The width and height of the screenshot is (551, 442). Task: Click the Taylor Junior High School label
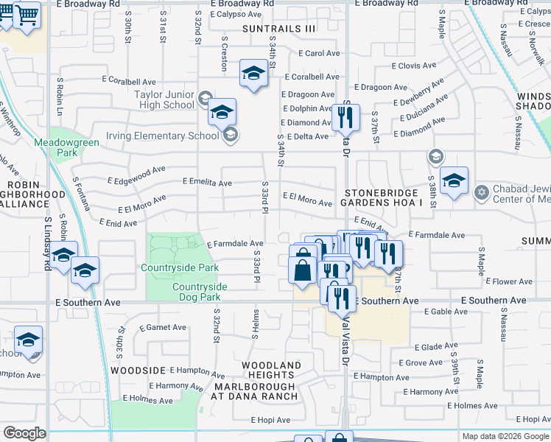[x=164, y=99]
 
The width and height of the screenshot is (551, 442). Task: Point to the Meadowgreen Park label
[x=56, y=147]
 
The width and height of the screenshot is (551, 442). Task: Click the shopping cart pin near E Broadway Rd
[x=27, y=14]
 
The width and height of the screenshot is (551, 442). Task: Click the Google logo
[x=24, y=433]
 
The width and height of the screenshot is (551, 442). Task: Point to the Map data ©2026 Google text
[x=505, y=436]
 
